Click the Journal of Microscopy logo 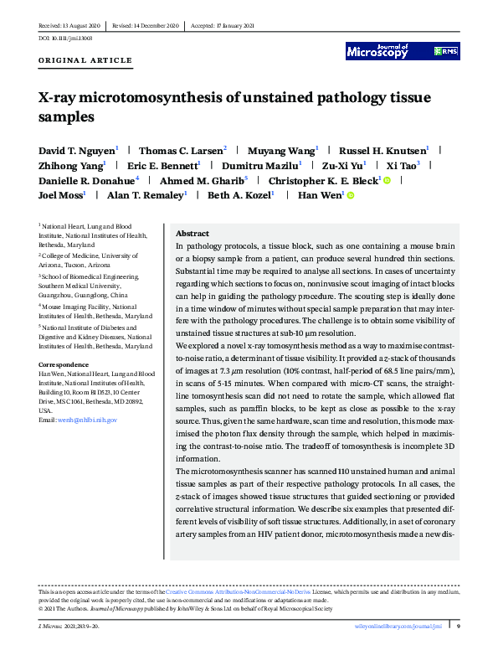coord(377,51)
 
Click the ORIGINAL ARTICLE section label coord(85,61)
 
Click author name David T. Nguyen coord(77,151)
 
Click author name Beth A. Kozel coord(240,195)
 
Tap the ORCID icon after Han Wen coord(351,196)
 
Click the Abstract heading coord(193,234)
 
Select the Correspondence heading coord(68,364)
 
